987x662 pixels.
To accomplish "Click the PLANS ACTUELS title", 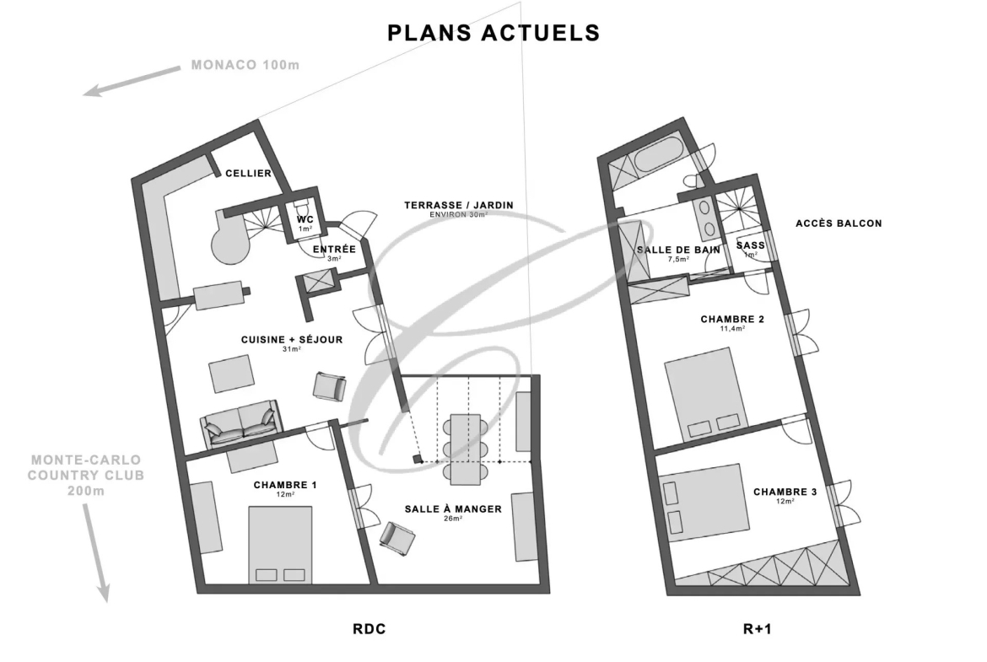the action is click(x=493, y=33).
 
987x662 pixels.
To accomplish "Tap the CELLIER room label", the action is click(x=249, y=173).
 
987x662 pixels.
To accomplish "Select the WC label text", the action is click(x=305, y=219).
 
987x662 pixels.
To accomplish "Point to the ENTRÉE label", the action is click(x=334, y=249).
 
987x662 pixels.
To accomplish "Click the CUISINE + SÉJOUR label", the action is click(x=292, y=340).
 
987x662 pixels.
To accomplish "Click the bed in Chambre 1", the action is click(x=280, y=545).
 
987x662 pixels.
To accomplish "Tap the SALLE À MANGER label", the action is click(x=453, y=509).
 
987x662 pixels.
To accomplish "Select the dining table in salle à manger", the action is click(x=466, y=449).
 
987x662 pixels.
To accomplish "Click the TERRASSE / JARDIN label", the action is click(x=459, y=205).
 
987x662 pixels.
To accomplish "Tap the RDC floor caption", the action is click(x=369, y=628).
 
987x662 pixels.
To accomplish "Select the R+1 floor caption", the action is click(x=758, y=628).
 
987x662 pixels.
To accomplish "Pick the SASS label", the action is click(x=750, y=245).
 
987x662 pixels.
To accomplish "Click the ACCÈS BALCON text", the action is click(x=839, y=223).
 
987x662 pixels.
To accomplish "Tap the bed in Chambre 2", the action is click(x=703, y=395).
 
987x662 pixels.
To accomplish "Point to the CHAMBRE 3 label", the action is click(x=785, y=492).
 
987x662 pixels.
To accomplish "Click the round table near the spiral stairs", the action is click(x=230, y=245).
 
